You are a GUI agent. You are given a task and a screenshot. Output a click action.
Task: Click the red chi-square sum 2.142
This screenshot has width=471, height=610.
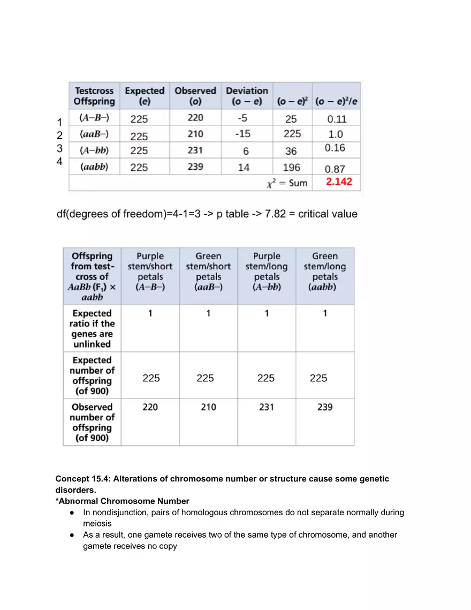pyautogui.click(x=339, y=182)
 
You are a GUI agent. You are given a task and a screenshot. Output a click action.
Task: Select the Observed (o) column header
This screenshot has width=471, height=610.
pyautogui.click(x=195, y=96)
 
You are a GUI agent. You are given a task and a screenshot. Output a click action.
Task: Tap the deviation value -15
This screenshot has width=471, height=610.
pyautogui.click(x=242, y=134)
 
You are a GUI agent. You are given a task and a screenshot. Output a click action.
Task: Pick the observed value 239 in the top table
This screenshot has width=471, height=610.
pyautogui.click(x=195, y=167)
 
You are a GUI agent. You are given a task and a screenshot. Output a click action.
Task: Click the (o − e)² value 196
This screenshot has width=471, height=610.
pyautogui.click(x=292, y=168)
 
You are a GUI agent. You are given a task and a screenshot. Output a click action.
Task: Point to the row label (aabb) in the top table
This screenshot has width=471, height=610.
pyautogui.click(x=94, y=167)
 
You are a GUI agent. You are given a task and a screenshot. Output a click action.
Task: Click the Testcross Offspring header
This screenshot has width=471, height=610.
pyautogui.click(x=94, y=96)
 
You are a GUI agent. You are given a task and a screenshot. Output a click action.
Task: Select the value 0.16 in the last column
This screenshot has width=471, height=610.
pyautogui.click(x=335, y=148)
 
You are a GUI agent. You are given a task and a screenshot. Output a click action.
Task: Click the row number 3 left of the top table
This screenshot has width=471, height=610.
pyautogui.click(x=60, y=148)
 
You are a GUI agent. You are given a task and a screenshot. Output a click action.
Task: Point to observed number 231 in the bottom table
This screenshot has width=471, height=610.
pyautogui.click(x=267, y=407)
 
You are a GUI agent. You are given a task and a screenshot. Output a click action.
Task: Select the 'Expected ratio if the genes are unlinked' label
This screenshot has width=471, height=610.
pyautogui.click(x=92, y=328)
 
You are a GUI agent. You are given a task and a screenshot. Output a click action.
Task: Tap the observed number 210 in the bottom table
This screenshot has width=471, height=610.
pyautogui.click(x=208, y=407)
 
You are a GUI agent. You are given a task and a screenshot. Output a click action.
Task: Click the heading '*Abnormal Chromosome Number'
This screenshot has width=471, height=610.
pyautogui.click(x=123, y=501)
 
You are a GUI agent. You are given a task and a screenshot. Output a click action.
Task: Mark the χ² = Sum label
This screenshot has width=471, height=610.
pyautogui.click(x=287, y=183)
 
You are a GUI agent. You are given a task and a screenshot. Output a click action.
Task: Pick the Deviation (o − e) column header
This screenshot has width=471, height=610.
pyautogui.click(x=247, y=96)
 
